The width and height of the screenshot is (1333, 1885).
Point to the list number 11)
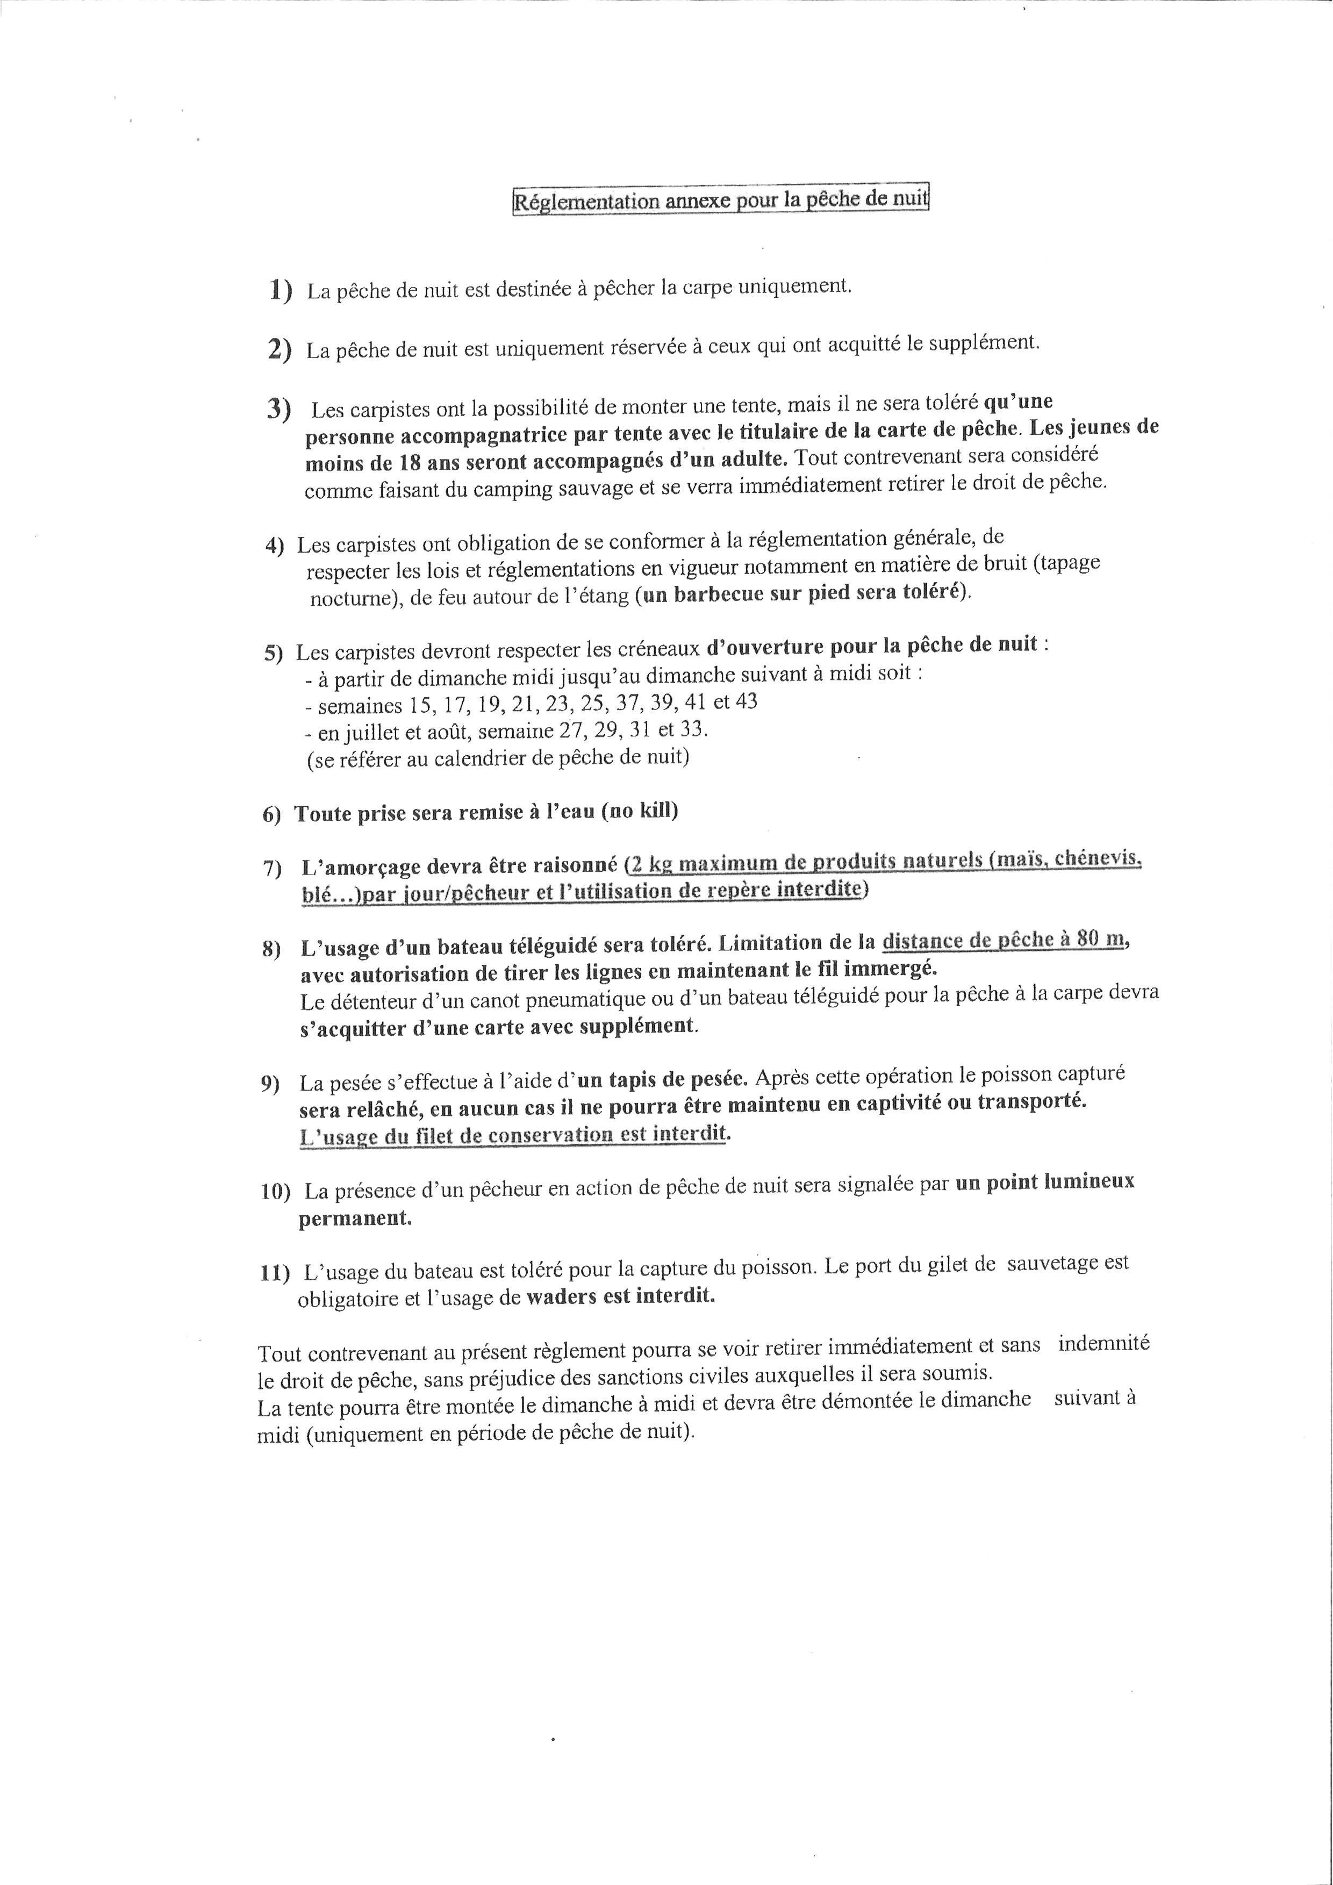[275, 1273]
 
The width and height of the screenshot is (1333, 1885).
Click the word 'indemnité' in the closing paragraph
[1104, 1344]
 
